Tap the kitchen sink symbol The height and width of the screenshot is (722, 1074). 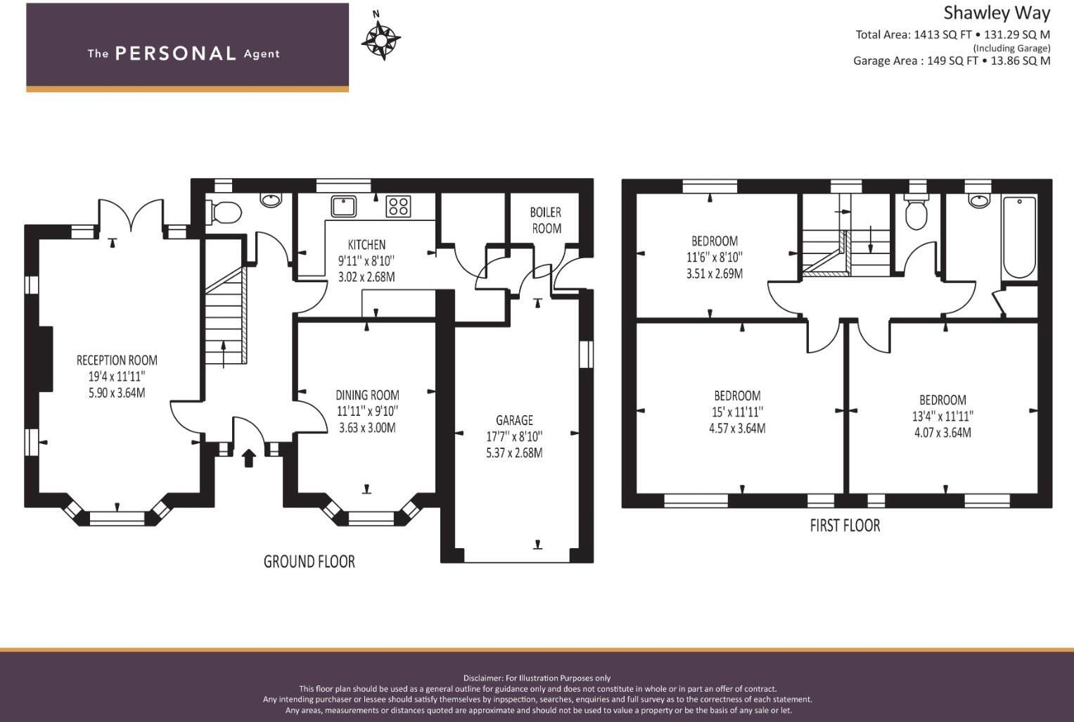click(x=343, y=206)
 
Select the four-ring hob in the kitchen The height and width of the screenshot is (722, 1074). click(x=398, y=206)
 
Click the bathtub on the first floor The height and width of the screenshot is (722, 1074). click(x=1019, y=237)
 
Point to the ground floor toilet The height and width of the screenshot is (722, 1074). click(x=223, y=213)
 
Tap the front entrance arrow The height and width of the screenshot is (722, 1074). click(x=248, y=458)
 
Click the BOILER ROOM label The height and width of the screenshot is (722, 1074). click(x=546, y=220)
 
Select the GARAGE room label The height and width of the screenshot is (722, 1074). click(x=514, y=420)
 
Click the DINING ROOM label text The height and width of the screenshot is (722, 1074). click(x=367, y=395)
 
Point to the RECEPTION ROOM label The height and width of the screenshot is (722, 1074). click(x=117, y=360)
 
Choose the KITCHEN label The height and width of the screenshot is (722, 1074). click(x=366, y=245)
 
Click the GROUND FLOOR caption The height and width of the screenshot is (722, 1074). click(x=309, y=562)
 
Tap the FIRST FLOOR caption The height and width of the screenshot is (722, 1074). click(x=845, y=526)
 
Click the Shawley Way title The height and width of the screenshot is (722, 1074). click(x=997, y=13)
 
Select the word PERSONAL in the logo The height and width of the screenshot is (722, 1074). click(x=176, y=53)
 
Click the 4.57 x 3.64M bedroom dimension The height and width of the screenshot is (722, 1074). click(x=737, y=428)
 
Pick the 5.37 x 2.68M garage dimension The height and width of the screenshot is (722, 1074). click(x=514, y=453)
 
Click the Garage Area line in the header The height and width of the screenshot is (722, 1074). click(x=952, y=61)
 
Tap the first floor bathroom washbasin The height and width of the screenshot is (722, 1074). click(x=978, y=200)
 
